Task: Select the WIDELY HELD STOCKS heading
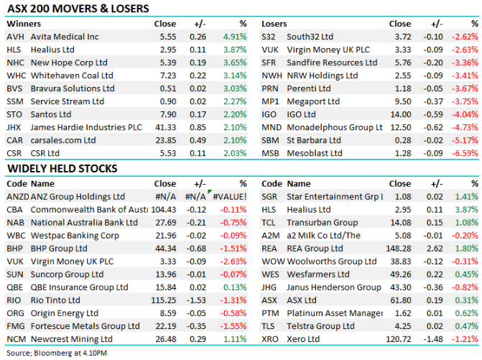coord(62,169)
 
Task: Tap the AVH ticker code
coord(14,36)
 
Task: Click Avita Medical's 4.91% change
coord(235,36)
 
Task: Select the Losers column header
coord(274,24)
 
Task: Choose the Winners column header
coord(22,24)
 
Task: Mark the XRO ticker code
coord(270,339)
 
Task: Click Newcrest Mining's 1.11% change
coord(235,339)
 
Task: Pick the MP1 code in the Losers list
coord(270,101)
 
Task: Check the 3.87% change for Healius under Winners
coord(235,49)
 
